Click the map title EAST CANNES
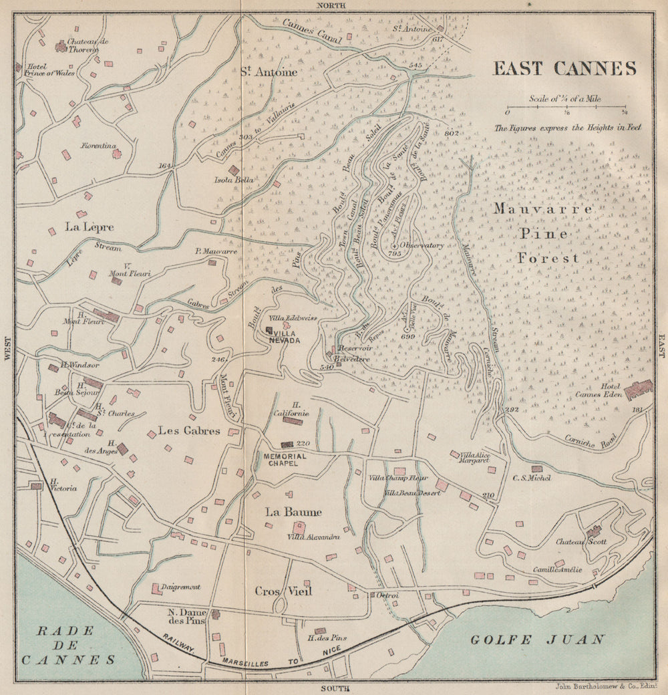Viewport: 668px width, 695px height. click(x=564, y=69)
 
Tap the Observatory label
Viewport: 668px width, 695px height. click(x=422, y=245)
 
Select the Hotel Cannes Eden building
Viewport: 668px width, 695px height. click(x=638, y=389)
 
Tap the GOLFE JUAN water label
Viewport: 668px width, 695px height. click(x=537, y=640)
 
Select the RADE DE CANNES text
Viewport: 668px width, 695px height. click(x=66, y=644)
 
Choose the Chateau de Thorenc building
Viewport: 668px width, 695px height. click(x=61, y=46)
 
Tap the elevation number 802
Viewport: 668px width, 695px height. click(x=452, y=133)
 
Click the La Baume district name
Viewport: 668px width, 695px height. click(x=293, y=512)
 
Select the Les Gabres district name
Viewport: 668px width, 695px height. click(x=189, y=431)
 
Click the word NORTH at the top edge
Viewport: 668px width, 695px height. click(x=333, y=5)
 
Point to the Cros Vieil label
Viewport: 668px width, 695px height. click(x=283, y=591)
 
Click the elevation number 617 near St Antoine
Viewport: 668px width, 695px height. click(x=438, y=40)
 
